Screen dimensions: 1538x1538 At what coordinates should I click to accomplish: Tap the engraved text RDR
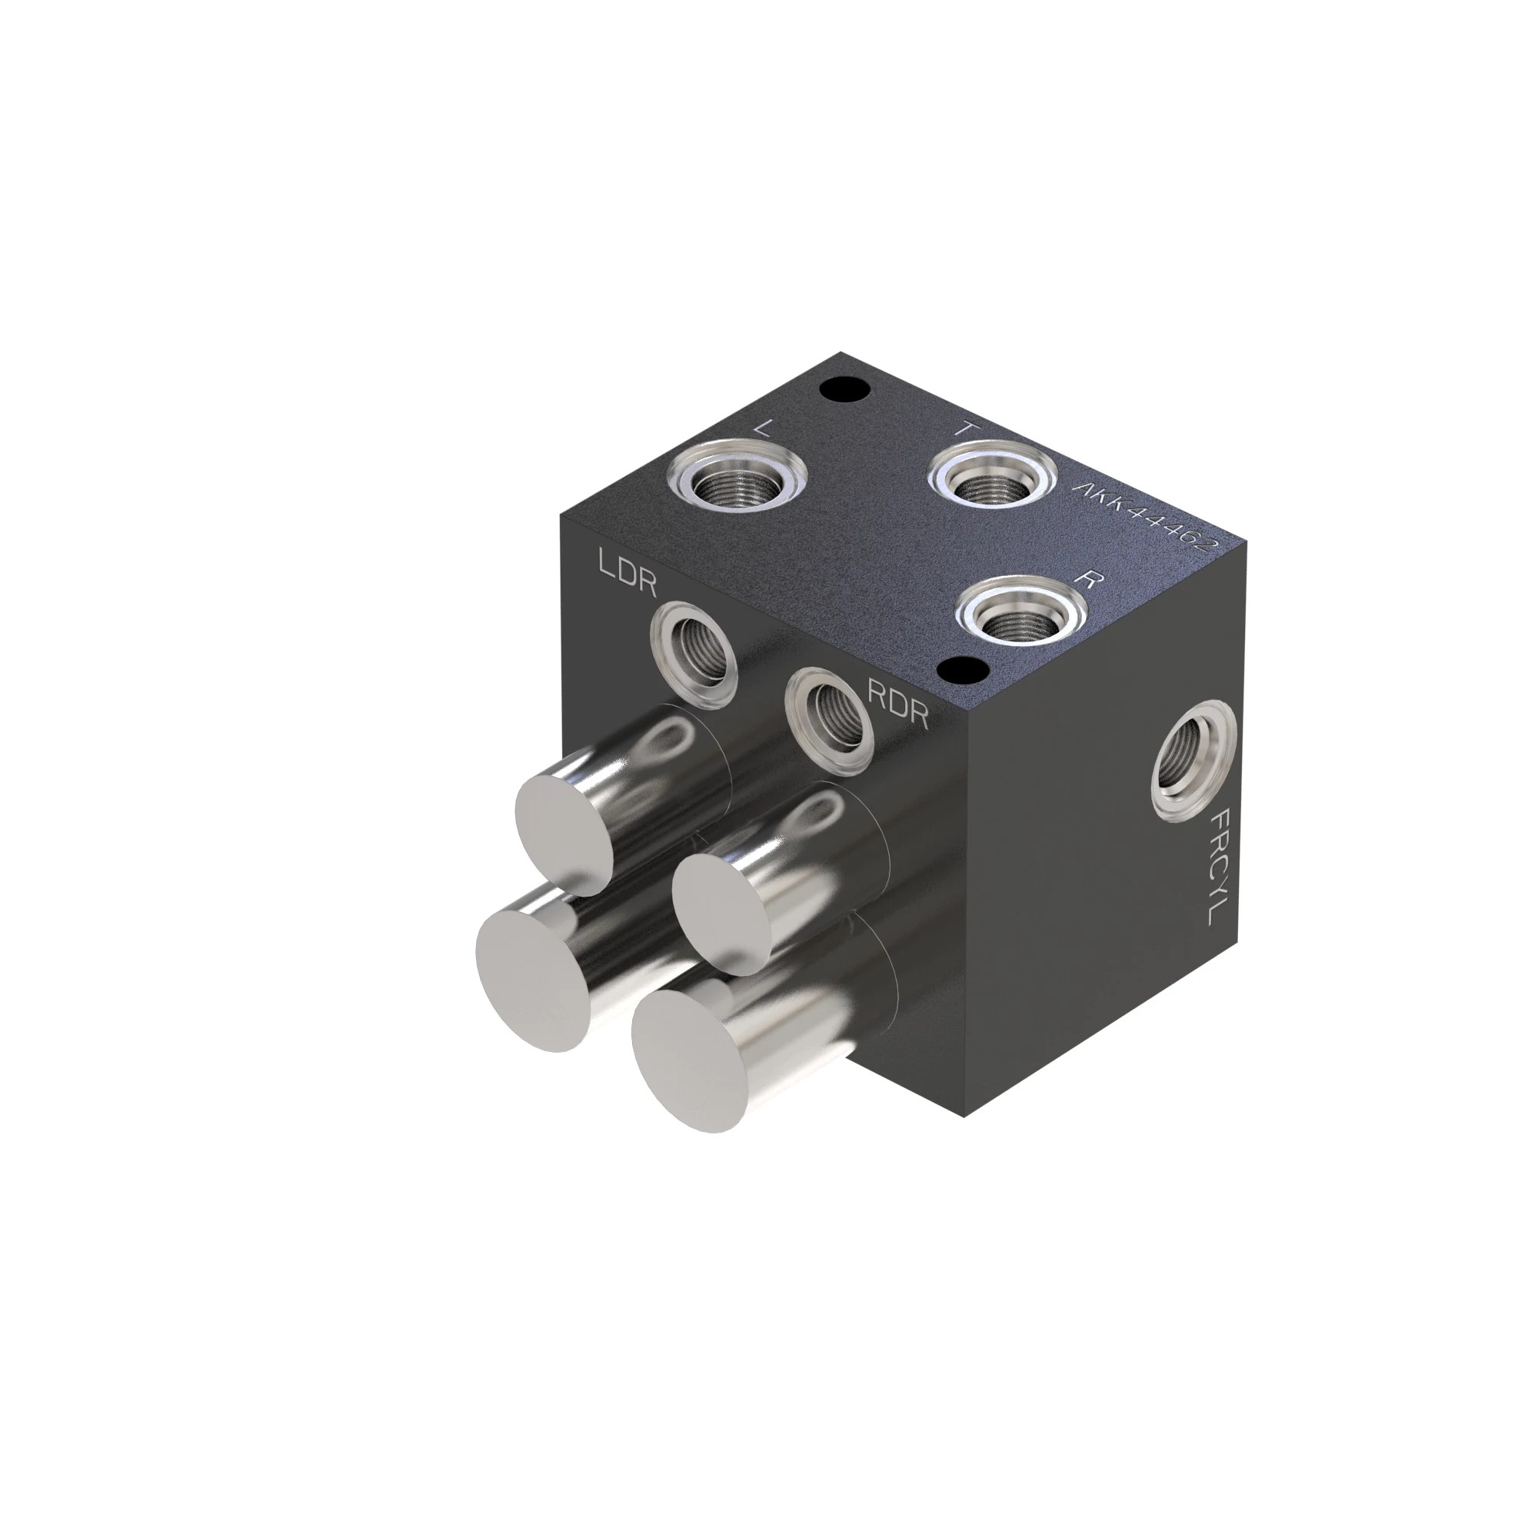click(897, 703)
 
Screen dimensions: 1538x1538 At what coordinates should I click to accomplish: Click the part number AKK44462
click(1146, 518)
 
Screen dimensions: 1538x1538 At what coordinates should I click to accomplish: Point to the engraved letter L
click(762, 428)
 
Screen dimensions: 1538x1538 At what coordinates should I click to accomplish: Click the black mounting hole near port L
click(843, 390)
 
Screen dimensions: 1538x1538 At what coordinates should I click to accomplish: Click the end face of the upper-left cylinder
click(567, 836)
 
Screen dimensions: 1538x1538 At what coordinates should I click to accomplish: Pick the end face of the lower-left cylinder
click(533, 980)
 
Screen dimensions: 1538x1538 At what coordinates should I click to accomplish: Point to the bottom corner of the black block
click(965, 1115)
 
